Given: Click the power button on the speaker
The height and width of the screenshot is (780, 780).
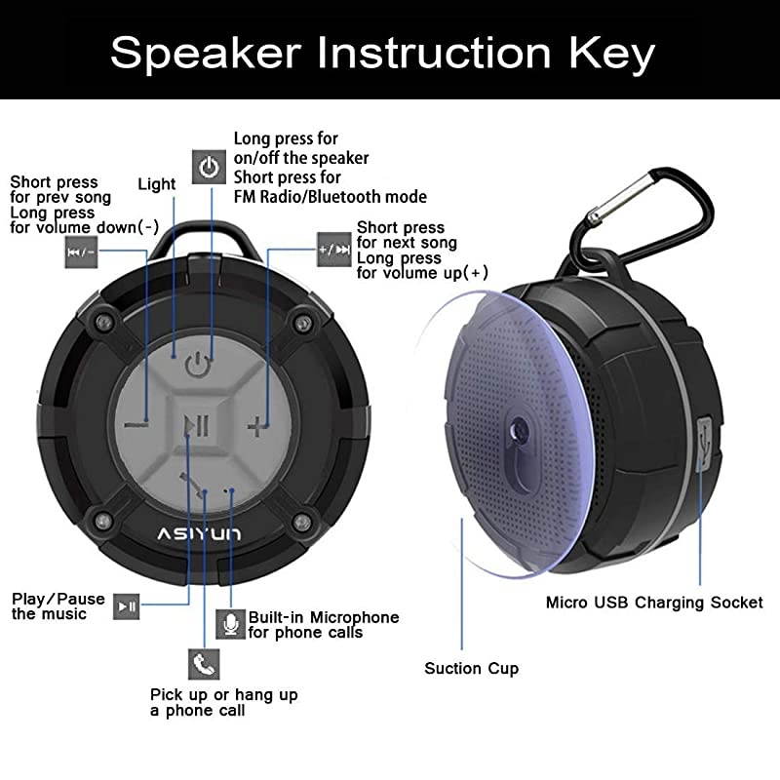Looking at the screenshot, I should coord(198,367).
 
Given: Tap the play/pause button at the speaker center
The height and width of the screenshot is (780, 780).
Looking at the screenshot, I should coord(198,425).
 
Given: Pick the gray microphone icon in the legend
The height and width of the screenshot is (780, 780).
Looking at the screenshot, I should coord(230,624).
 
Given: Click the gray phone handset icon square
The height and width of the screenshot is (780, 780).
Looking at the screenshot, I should coord(203,665).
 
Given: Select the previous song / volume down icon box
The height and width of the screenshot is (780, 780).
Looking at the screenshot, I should coord(82,252).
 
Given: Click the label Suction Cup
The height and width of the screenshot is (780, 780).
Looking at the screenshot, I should coord(471,669).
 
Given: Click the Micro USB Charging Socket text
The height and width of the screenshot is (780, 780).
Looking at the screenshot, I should coord(654,603).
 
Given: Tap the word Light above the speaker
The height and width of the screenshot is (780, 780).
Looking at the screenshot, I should coord(157,184).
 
